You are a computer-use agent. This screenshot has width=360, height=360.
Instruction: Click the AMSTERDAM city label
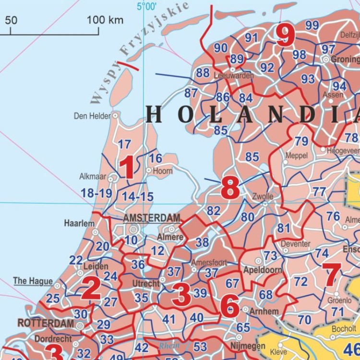point(152,218)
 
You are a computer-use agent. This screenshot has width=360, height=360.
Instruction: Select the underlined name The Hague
point(33,281)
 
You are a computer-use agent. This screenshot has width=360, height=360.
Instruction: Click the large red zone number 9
point(285,36)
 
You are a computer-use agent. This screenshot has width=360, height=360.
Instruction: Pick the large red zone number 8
point(230,189)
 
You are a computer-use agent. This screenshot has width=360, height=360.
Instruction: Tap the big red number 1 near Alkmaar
point(127,168)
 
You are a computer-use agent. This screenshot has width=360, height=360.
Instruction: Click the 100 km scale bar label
point(105,20)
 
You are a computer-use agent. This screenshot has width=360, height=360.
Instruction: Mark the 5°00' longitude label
point(147,7)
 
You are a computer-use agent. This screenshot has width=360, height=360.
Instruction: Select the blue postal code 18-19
point(96,193)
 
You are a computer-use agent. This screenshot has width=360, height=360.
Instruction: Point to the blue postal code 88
point(203,73)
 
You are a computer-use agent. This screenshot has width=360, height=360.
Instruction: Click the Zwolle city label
point(263,196)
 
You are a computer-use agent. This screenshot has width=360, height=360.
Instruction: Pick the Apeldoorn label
point(263,270)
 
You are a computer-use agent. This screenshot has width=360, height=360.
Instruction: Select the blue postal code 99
point(312,25)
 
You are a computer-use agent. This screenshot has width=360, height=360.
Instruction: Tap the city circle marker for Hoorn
point(149,170)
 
